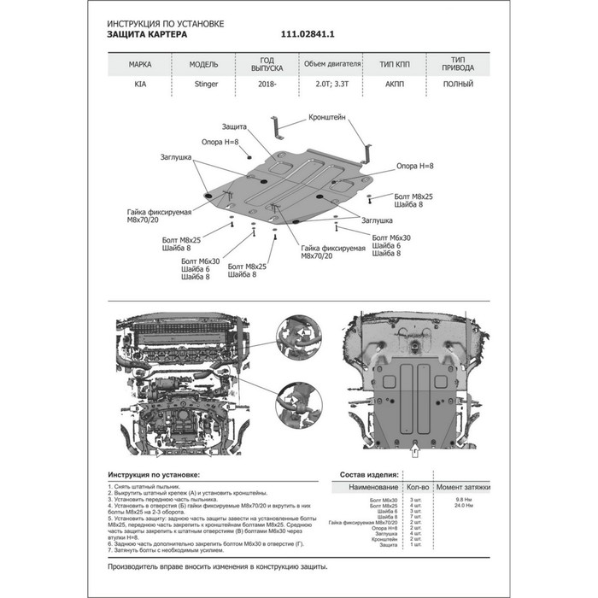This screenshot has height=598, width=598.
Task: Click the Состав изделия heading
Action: tap(369, 473)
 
